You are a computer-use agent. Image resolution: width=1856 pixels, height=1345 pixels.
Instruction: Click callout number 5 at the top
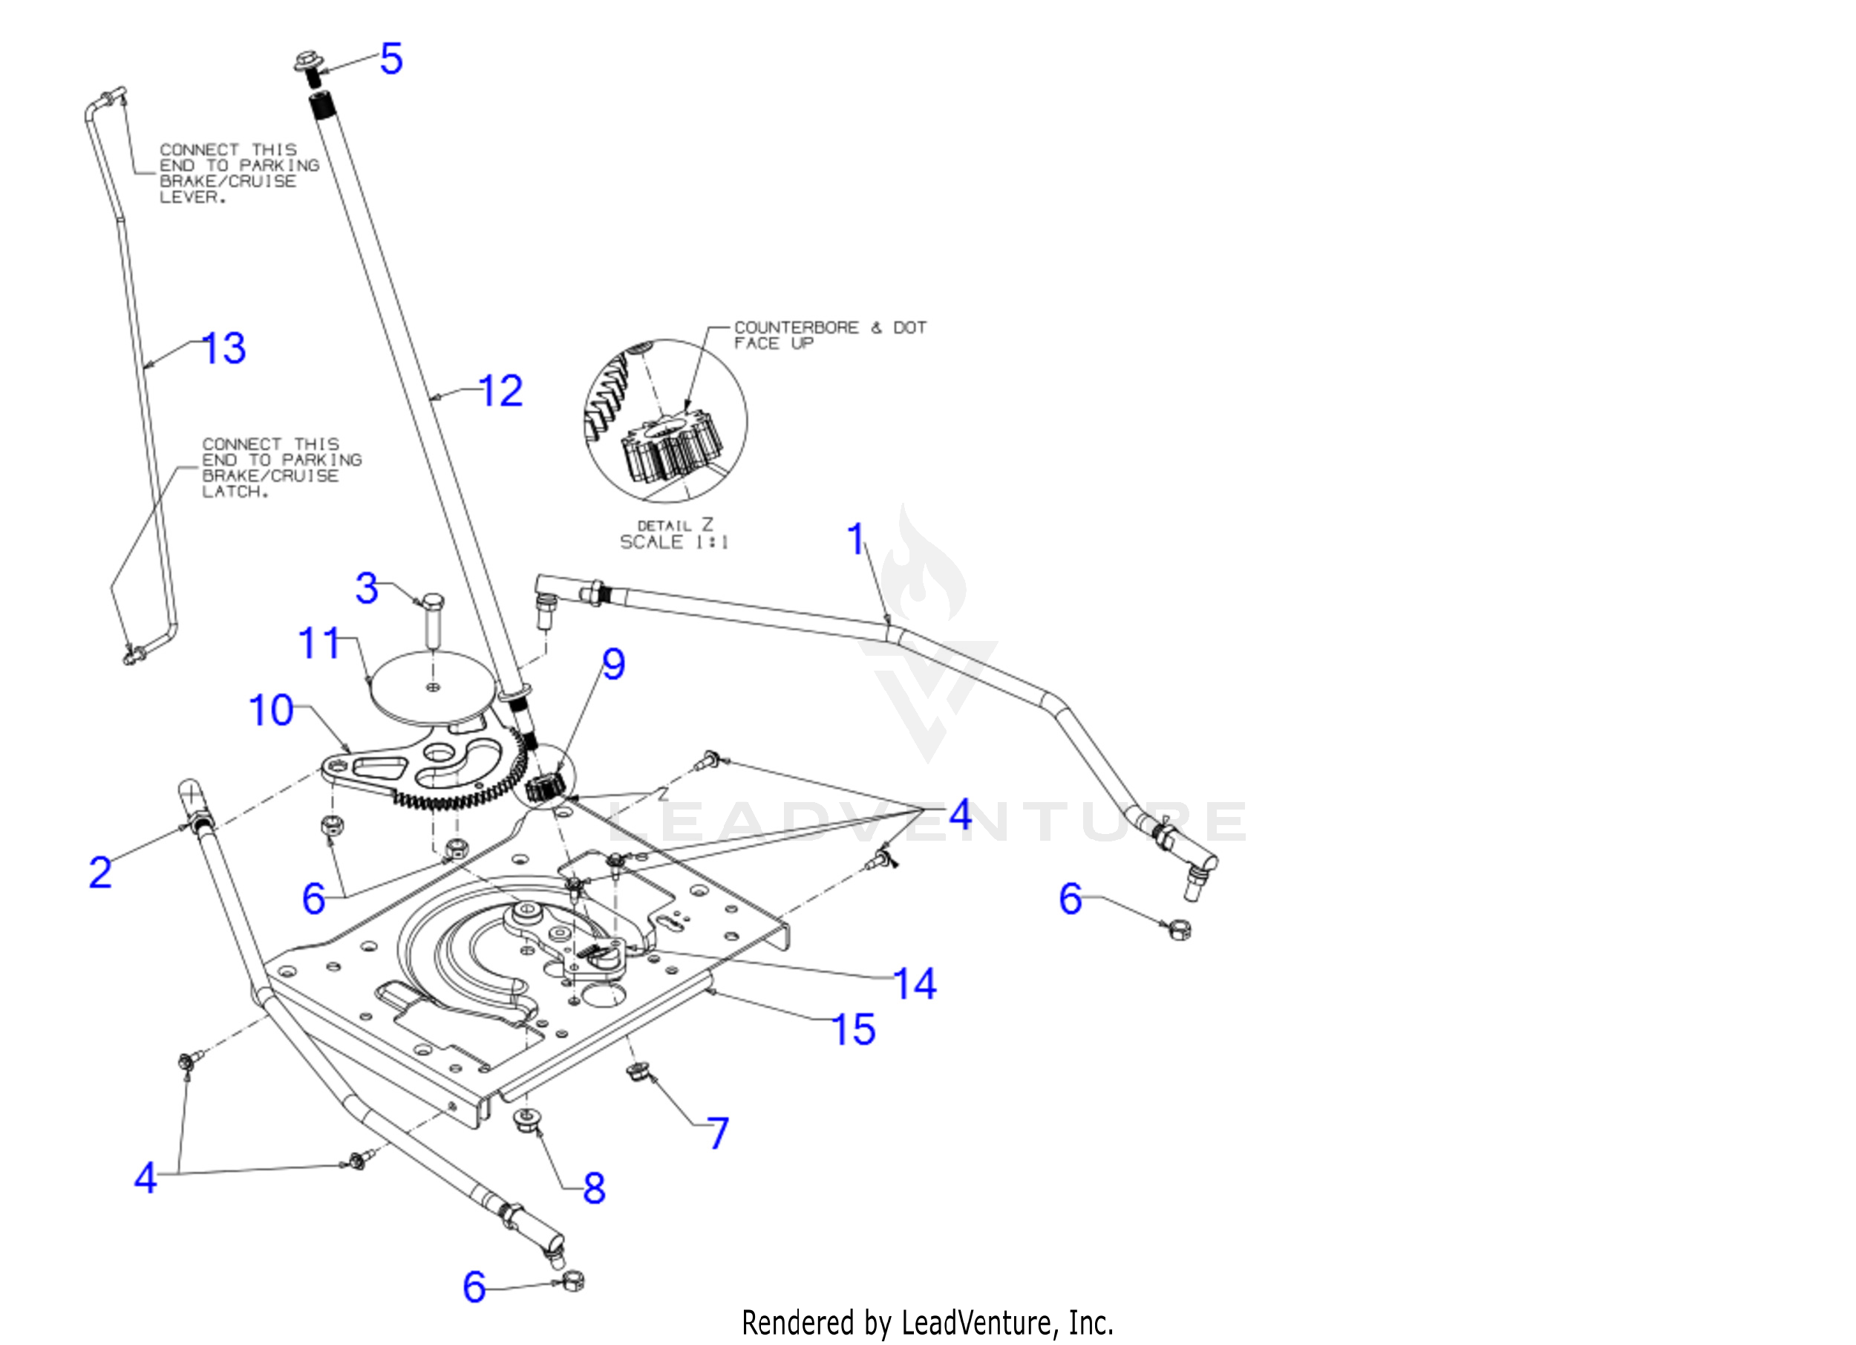[391, 59]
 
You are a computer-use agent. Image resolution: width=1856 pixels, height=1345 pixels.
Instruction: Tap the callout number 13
[223, 349]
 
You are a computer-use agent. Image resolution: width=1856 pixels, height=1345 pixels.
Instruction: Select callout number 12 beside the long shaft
[500, 391]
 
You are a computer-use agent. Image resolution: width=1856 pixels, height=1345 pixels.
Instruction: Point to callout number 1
[856, 539]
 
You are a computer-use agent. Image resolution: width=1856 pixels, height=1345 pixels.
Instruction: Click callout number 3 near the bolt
[367, 589]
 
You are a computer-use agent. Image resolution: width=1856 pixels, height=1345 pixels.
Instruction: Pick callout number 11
[319, 643]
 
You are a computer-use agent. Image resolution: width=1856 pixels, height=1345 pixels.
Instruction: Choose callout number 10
[271, 711]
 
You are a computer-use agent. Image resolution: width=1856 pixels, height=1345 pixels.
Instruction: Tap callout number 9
[614, 664]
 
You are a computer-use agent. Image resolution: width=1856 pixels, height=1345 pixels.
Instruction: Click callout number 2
[99, 873]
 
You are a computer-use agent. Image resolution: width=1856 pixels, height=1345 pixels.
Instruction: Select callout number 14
[914, 984]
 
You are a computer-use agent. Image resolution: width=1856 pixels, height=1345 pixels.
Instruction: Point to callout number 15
[854, 1030]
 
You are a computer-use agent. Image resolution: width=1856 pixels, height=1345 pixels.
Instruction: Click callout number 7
[718, 1134]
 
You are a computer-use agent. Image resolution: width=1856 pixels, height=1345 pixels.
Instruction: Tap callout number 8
[594, 1188]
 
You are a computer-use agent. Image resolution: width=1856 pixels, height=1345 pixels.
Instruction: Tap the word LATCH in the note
[234, 492]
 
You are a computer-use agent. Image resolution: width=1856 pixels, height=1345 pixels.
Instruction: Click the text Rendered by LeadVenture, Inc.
[927, 1323]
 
